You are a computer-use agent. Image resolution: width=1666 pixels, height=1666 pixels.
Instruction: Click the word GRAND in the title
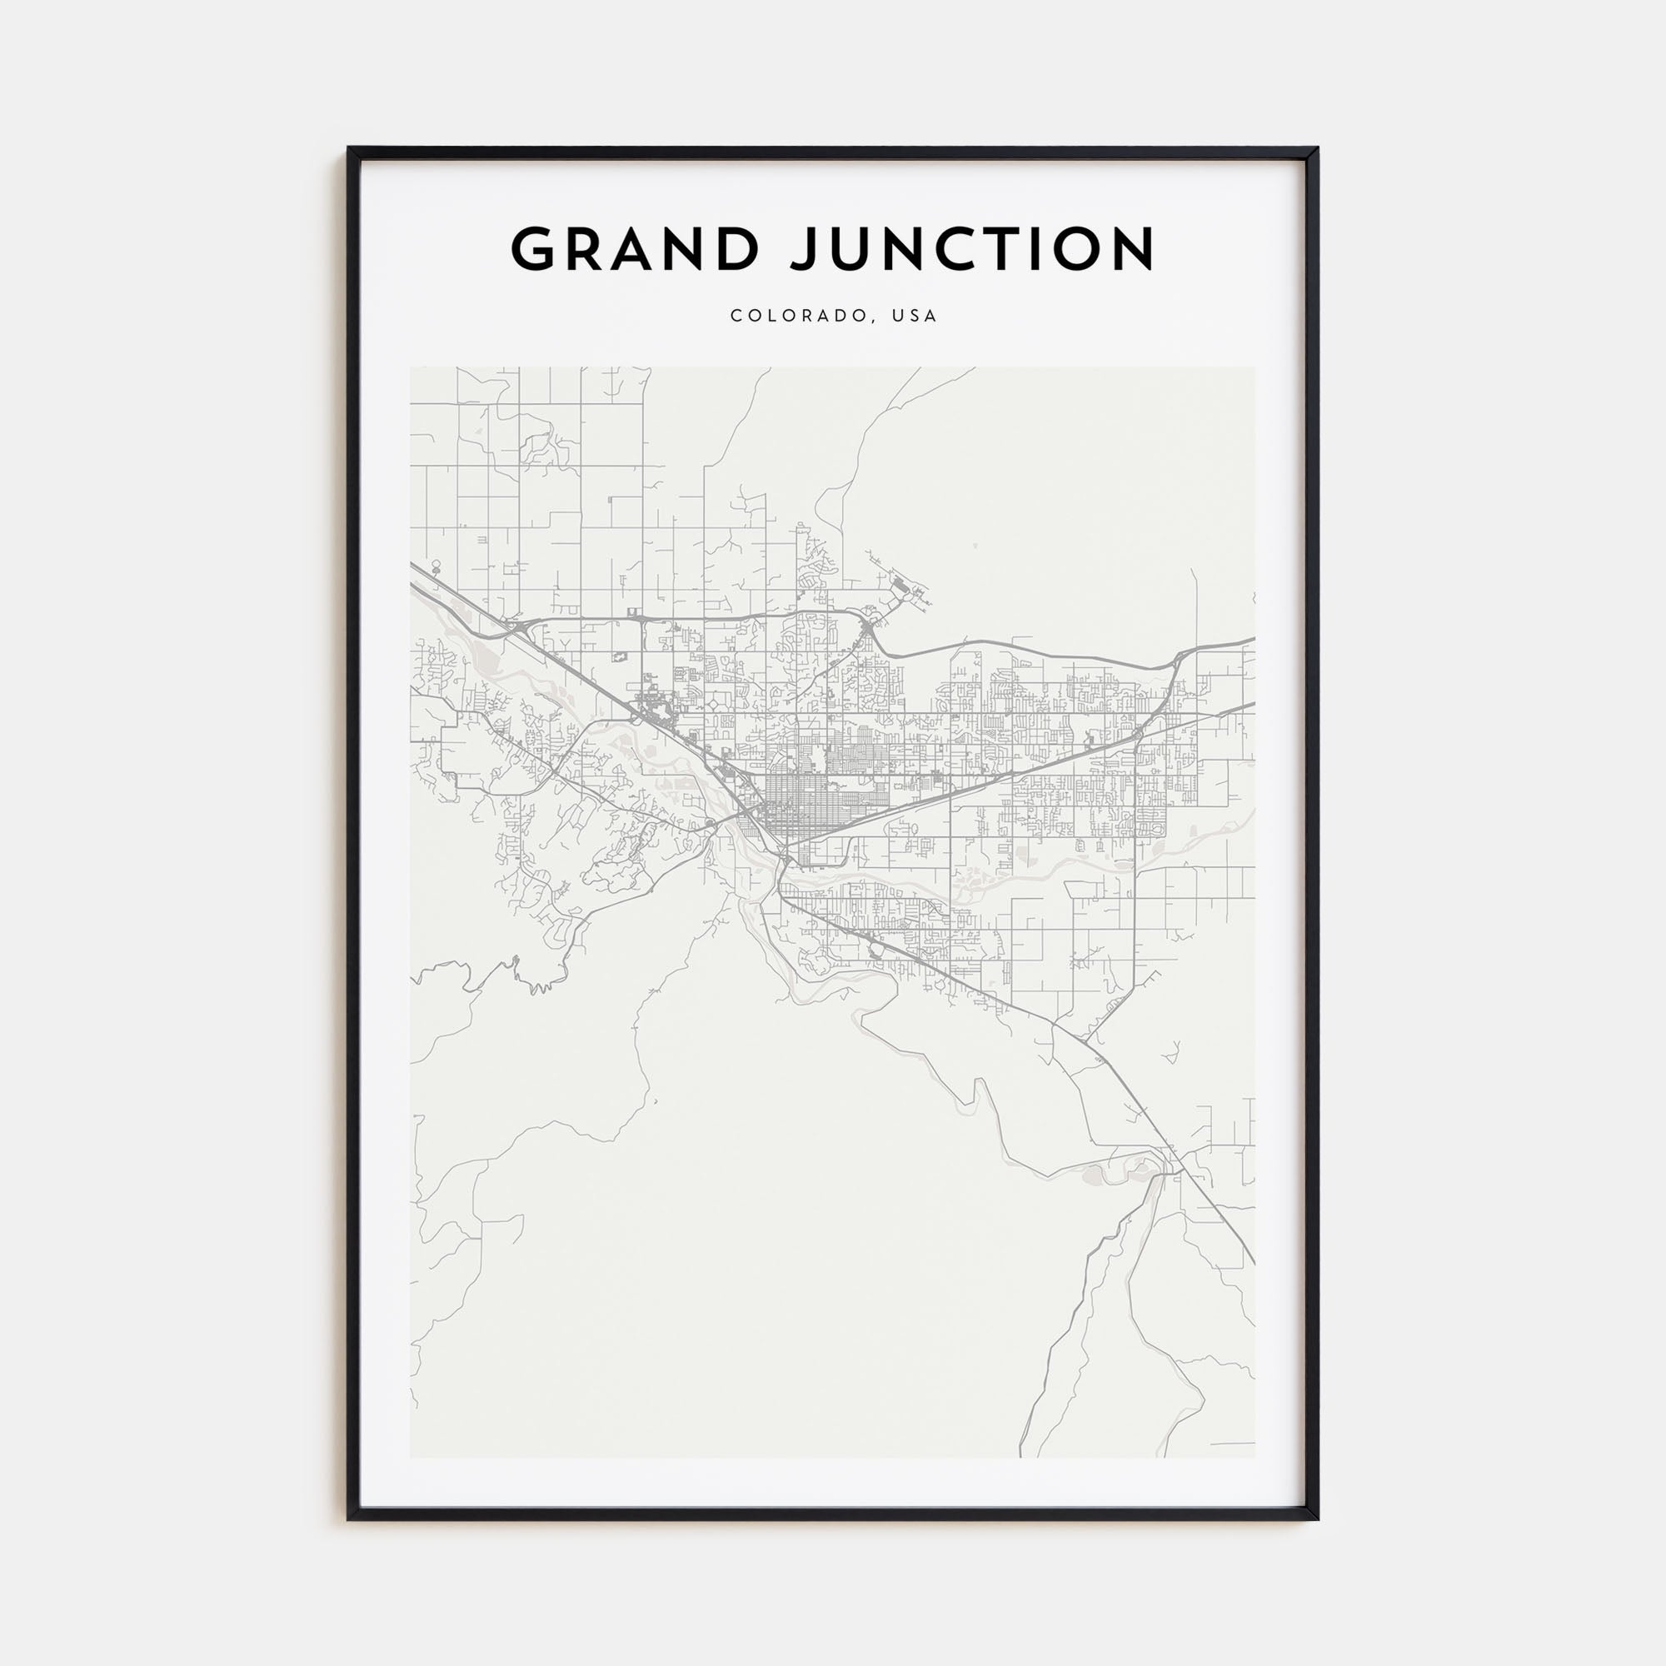[635, 249]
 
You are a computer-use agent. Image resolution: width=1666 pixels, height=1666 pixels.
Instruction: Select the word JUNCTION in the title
[974, 249]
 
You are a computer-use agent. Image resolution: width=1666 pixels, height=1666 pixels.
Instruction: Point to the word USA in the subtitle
[915, 317]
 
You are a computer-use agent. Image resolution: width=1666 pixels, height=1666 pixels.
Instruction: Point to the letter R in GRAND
[583, 249]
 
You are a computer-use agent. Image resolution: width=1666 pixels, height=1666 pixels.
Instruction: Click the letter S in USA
[915, 317]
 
